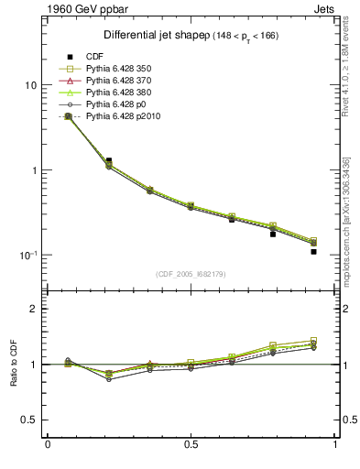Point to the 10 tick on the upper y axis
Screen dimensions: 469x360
pyautogui.click(x=29, y=85)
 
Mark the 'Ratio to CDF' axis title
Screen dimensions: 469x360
pyautogui.click(x=14, y=364)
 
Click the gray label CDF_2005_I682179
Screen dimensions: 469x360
pyautogui.click(x=191, y=274)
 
